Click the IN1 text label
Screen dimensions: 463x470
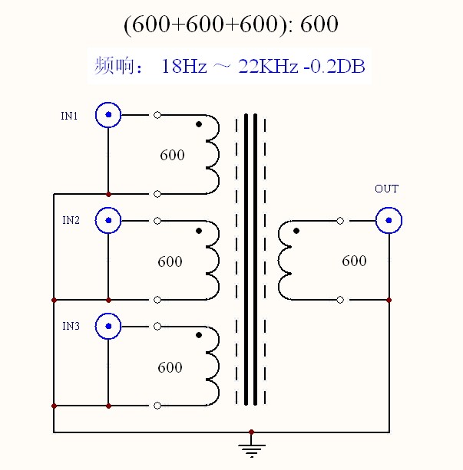(69, 116)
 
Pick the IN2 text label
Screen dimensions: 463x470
(71, 220)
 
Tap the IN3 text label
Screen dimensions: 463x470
(71, 326)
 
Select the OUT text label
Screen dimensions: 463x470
(387, 189)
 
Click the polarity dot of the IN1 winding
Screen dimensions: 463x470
(199, 124)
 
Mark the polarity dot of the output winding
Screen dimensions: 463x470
(296, 231)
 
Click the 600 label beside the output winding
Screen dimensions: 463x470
(354, 261)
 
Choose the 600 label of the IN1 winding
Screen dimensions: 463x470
(172, 155)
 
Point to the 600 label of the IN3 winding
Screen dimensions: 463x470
(170, 367)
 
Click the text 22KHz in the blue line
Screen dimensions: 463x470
(268, 66)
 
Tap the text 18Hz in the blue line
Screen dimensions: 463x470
(184, 66)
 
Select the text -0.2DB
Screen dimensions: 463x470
(335, 66)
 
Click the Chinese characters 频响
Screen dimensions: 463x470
(114, 65)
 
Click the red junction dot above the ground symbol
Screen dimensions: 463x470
(252, 432)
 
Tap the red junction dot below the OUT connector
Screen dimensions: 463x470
(389, 300)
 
